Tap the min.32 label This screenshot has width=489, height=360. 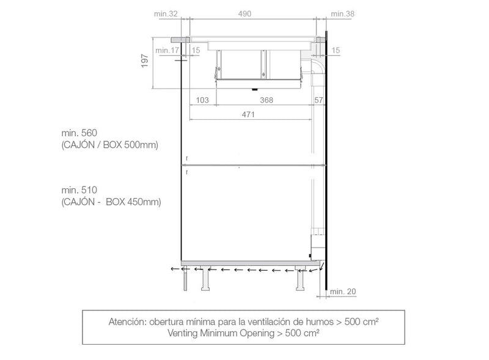click(x=166, y=13)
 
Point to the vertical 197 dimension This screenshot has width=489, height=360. click(x=145, y=61)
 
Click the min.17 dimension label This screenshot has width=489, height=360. click(x=167, y=50)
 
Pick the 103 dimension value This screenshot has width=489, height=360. click(x=203, y=100)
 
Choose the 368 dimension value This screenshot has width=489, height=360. click(x=266, y=100)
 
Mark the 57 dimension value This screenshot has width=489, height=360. click(x=318, y=100)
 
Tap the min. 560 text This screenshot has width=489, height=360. click(x=79, y=133)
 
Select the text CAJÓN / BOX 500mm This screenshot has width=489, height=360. click(x=109, y=145)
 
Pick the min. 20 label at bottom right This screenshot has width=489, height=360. click(x=342, y=291)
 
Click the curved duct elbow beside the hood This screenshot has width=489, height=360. click(x=318, y=65)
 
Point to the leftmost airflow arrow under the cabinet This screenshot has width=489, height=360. click(x=175, y=268)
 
